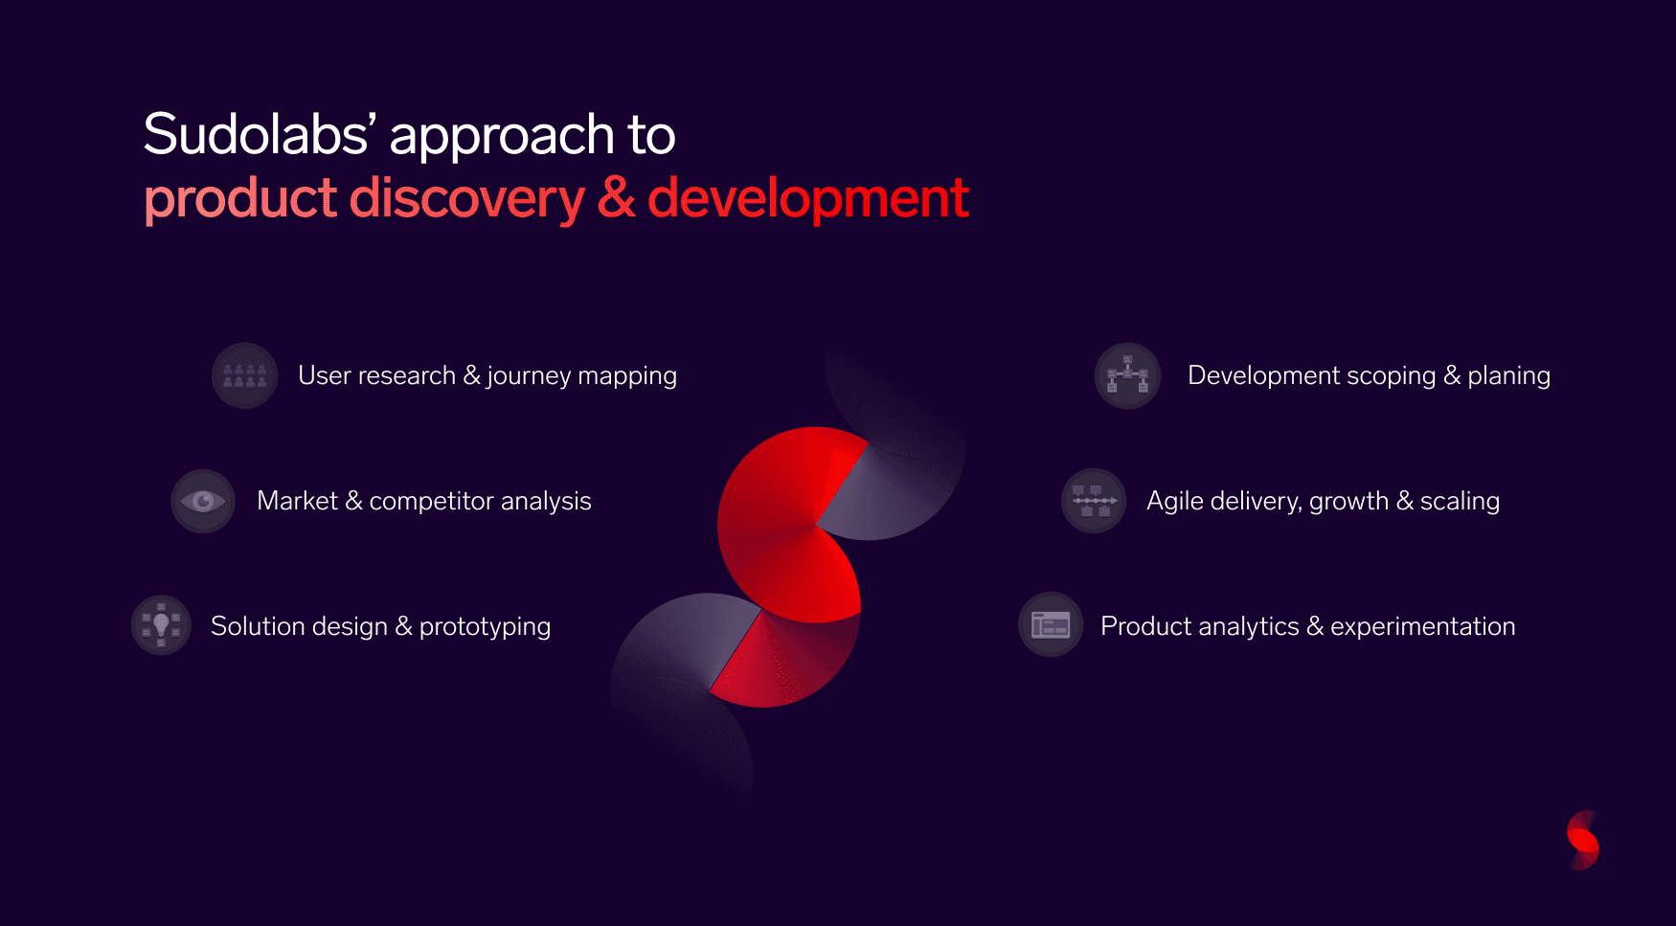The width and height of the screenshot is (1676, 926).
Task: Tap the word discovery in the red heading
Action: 466,198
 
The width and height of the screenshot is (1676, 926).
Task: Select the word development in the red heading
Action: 808,200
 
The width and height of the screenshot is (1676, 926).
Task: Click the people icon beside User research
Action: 245,375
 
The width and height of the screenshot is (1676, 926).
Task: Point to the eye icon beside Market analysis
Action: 203,501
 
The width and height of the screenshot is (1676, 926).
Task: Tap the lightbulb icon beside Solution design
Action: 161,625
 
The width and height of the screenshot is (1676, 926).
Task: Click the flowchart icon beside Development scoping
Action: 1127,375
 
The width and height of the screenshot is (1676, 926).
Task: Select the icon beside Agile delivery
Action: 1094,501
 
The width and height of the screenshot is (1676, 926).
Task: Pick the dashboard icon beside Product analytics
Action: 1051,625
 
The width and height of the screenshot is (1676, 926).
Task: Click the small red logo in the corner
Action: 1583,841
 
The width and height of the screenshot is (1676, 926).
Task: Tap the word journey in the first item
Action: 529,376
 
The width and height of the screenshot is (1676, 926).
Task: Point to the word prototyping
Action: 485,627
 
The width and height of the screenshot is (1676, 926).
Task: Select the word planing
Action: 1508,376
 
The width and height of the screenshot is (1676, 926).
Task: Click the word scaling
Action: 1460,502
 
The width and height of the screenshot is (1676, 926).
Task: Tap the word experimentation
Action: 1422,626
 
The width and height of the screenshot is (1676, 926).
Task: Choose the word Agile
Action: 1174,502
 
